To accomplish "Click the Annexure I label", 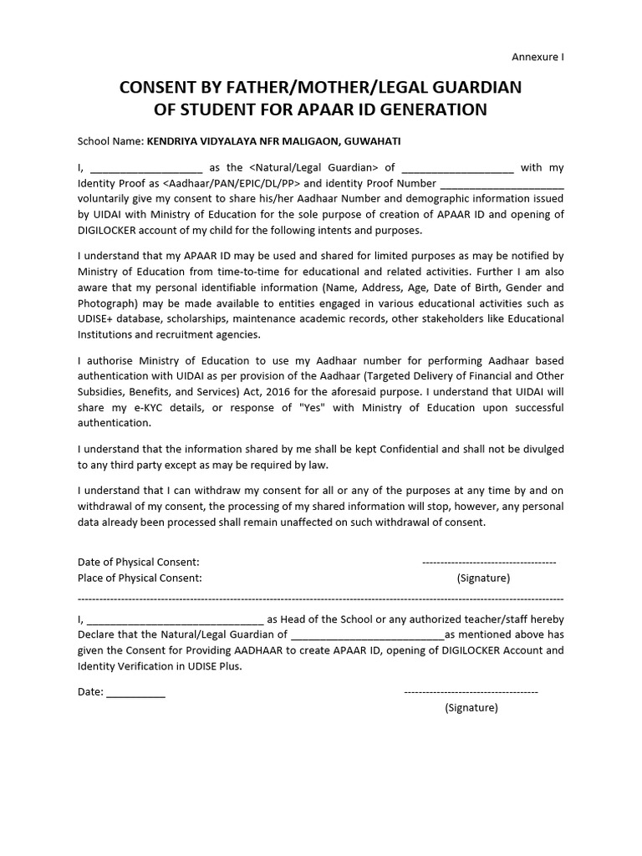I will point(538,58).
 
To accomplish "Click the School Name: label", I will point(110,141).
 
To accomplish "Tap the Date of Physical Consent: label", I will point(139,561).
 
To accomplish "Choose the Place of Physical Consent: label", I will point(140,578).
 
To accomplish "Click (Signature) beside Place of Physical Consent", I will point(483,578).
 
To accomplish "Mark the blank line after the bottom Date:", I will point(135,691).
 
